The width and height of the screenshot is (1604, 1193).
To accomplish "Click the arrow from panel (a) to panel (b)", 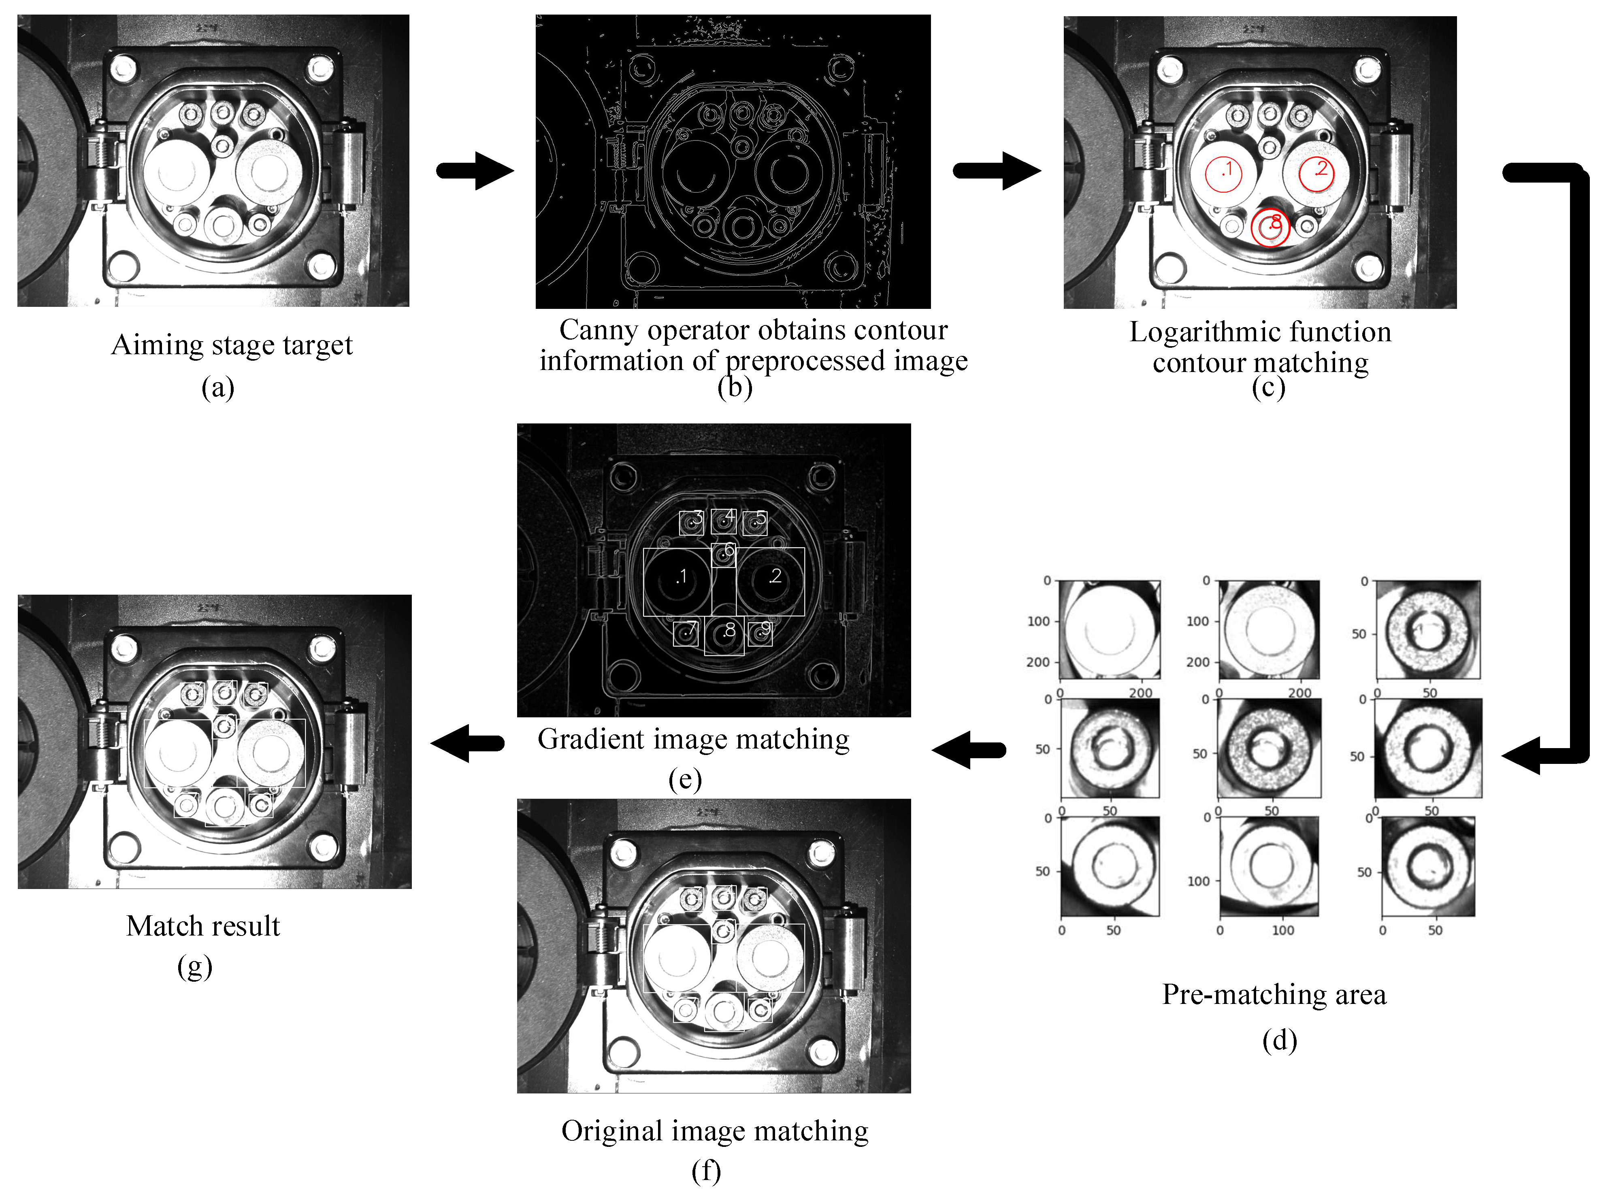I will click(475, 171).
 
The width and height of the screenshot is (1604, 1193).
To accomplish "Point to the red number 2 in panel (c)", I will click(1321, 169).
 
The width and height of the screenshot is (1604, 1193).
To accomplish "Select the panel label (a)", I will click(217, 388).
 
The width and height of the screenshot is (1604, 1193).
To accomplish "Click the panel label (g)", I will click(194, 966).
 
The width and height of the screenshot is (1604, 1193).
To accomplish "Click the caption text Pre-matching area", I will click(1274, 994).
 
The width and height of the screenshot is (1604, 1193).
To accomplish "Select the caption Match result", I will click(203, 926).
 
